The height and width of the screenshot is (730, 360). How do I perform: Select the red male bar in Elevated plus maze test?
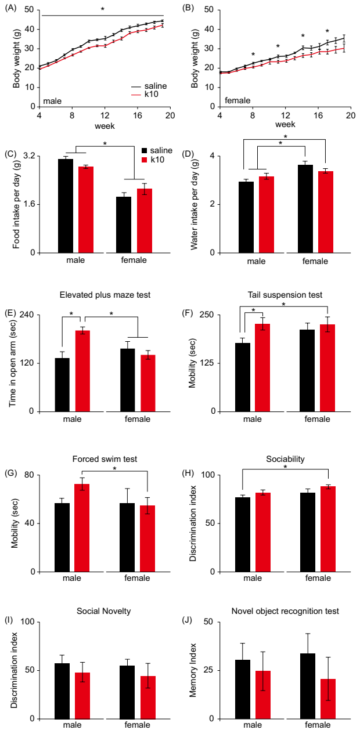click(83, 371)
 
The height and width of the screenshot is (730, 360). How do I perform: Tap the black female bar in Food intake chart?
click(124, 225)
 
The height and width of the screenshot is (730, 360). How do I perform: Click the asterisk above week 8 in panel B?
click(253, 55)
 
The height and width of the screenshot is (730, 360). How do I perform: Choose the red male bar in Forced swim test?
click(82, 527)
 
